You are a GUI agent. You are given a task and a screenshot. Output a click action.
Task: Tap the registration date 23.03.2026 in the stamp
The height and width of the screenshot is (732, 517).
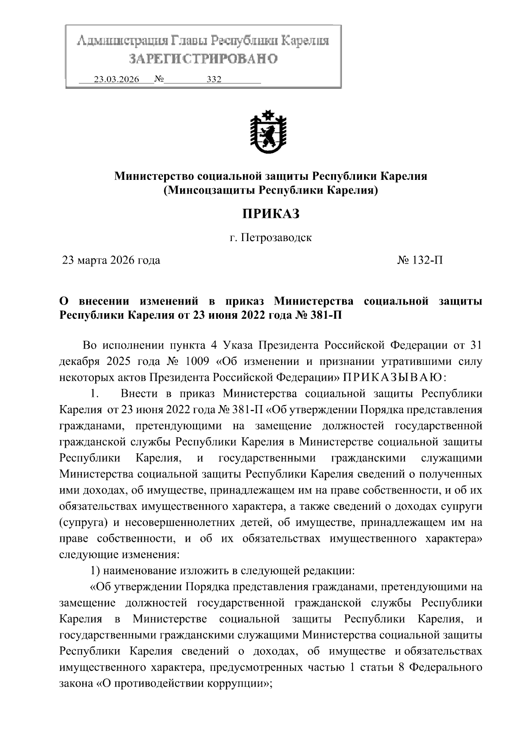tap(116, 80)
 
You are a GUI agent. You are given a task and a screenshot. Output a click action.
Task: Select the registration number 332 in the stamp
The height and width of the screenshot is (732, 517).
tap(214, 80)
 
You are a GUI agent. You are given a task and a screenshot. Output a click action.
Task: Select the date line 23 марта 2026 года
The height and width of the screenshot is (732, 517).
tap(111, 260)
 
